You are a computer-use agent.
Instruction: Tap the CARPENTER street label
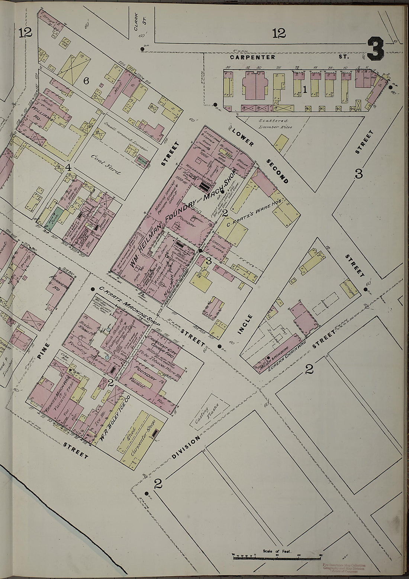click(252, 57)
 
